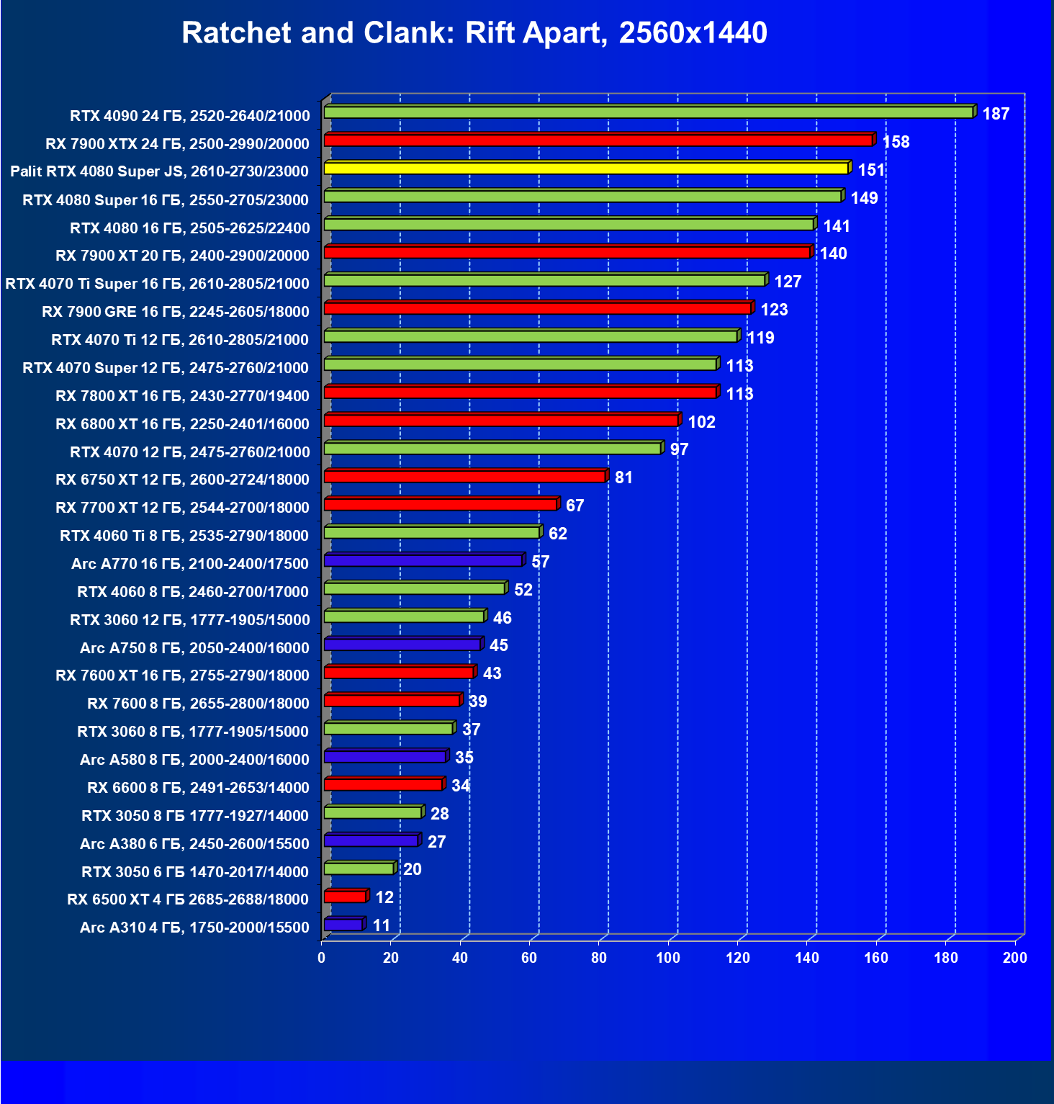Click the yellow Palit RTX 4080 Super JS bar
point(586,169)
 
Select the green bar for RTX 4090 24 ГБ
point(648,112)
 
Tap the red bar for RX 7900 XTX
point(598,140)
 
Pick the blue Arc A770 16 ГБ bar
point(423,560)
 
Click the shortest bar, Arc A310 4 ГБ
point(343,925)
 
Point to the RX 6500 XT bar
point(346,897)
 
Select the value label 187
point(996,114)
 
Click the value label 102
point(701,422)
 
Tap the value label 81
point(623,477)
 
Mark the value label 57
point(540,562)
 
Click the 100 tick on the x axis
point(668,958)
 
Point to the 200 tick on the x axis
point(1015,958)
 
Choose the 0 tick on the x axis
point(322,958)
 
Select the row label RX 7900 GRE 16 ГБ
point(176,312)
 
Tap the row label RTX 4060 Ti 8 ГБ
point(184,536)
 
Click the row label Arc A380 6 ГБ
point(194,844)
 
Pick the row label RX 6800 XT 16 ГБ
point(182,424)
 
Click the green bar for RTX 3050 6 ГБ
point(359,869)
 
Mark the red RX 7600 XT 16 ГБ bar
point(399,673)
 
